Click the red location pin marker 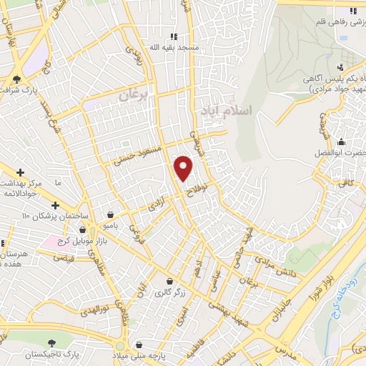point(184,167)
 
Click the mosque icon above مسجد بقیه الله point(173,36)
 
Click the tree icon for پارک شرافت point(16,79)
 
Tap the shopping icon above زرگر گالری point(168,282)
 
